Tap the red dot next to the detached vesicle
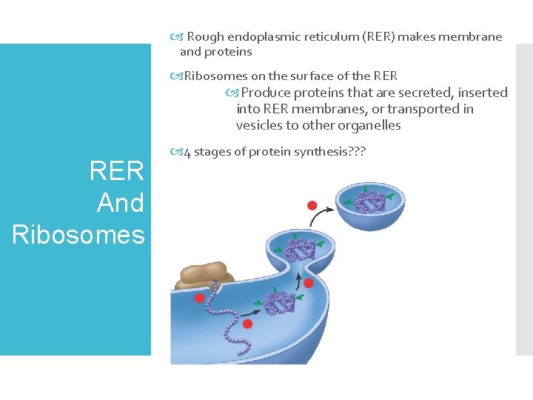click(x=312, y=205)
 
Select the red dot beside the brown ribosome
click(x=200, y=298)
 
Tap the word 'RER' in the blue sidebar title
click(x=116, y=171)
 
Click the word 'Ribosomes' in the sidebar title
click(x=78, y=234)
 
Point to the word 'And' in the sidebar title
click(x=121, y=203)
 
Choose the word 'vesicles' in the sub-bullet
click(x=260, y=125)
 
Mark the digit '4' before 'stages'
click(x=187, y=153)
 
